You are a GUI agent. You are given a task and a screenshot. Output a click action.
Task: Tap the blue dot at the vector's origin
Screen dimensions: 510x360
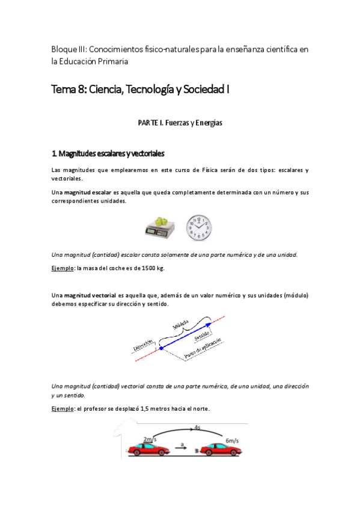point(161,348)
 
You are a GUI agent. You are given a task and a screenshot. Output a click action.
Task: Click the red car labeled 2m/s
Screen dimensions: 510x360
point(145,450)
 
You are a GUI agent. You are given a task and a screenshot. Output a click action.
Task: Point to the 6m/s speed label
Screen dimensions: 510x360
point(231,440)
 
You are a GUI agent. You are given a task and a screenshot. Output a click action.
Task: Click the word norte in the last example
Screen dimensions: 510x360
point(200,410)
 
